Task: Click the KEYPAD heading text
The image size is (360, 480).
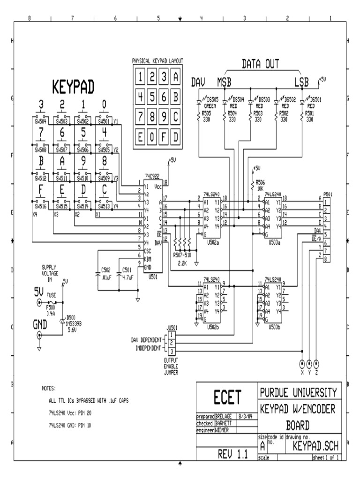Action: pyautogui.click(x=73, y=86)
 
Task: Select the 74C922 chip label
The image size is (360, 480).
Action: pyautogui.click(x=152, y=173)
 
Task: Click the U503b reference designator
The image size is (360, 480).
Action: pyautogui.click(x=272, y=327)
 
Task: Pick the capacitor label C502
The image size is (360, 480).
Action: pyautogui.click(x=106, y=270)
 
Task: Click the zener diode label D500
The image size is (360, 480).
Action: pyautogui.click(x=72, y=317)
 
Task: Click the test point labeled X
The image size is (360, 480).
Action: pyautogui.click(x=302, y=364)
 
